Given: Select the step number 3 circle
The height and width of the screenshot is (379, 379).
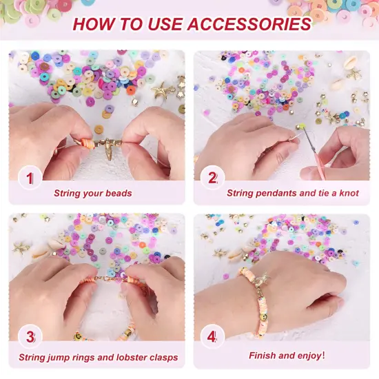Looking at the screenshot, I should point(30,338).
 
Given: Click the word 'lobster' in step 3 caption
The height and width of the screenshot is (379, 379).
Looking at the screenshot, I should point(128,358).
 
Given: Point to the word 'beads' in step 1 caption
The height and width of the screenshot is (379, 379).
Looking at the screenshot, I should point(118,194).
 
